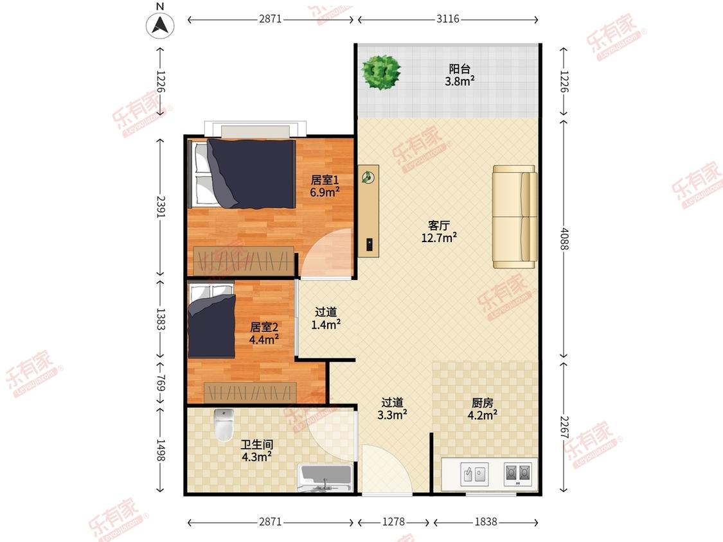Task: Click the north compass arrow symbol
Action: pos(160,24)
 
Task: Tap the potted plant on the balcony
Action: pos(381,72)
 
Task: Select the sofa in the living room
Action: pos(515,216)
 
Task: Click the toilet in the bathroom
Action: pos(224,424)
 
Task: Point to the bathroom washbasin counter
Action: pos(326,478)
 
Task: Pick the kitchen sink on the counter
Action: pos(474,474)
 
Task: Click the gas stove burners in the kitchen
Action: pos(518,474)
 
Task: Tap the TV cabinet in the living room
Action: pos(368,211)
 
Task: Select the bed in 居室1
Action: pos(243,173)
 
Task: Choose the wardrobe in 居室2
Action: pos(250,392)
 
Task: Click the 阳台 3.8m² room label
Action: pos(460,75)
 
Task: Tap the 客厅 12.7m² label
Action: pos(439,231)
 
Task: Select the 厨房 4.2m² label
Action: pos(482,409)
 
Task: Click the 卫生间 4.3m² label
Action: pos(257,450)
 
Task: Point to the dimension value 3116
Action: pos(448,19)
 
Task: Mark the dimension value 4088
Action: pos(564,239)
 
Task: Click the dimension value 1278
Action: pos(393,521)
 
